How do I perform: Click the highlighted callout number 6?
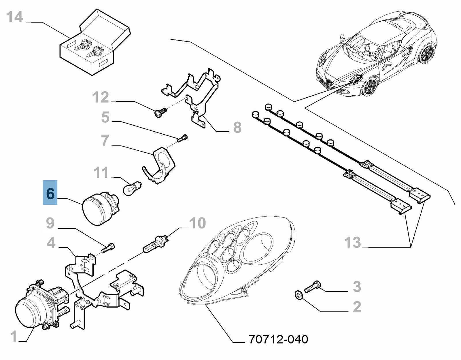pos(50,194)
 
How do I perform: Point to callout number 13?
pos(352,242)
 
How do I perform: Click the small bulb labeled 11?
pos(131,187)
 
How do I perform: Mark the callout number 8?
pos(237,127)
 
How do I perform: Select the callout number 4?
pos(51,243)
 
